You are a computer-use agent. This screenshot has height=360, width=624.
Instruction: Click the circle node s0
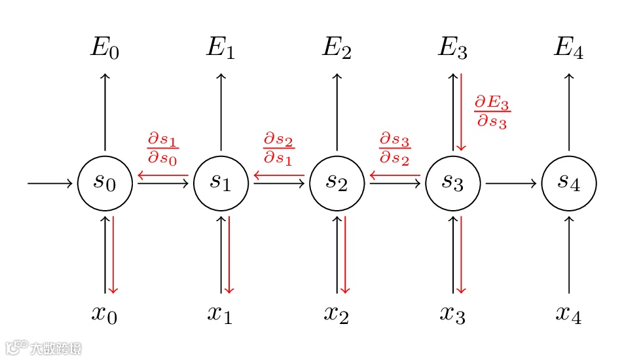pyautogui.click(x=105, y=183)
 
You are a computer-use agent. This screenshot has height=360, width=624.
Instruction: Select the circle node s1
pyautogui.click(x=221, y=183)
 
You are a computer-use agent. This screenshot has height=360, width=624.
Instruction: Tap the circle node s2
pyautogui.click(x=337, y=183)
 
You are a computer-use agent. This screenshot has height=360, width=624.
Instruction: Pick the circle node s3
pyautogui.click(x=452, y=183)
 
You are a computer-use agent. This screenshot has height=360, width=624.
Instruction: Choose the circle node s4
pyautogui.click(x=568, y=183)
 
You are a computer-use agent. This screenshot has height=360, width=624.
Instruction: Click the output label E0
pyautogui.click(x=105, y=48)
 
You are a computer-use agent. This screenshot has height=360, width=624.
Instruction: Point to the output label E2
pyautogui.click(x=337, y=48)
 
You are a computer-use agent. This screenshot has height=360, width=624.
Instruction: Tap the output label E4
pyautogui.click(x=568, y=48)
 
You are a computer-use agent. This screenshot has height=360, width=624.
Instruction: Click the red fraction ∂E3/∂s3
pyautogui.click(x=491, y=112)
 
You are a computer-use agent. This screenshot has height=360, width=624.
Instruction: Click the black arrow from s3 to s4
pyautogui.click(x=511, y=183)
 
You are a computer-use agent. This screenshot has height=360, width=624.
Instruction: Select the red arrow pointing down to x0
pyautogui.click(x=113, y=255)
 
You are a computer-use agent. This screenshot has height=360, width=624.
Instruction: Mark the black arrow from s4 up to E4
pyautogui.click(x=568, y=111)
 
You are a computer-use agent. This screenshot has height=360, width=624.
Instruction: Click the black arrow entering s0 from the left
pyautogui.click(x=50, y=183)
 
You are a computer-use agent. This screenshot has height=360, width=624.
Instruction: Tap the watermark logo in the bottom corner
pyautogui.click(x=43, y=348)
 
